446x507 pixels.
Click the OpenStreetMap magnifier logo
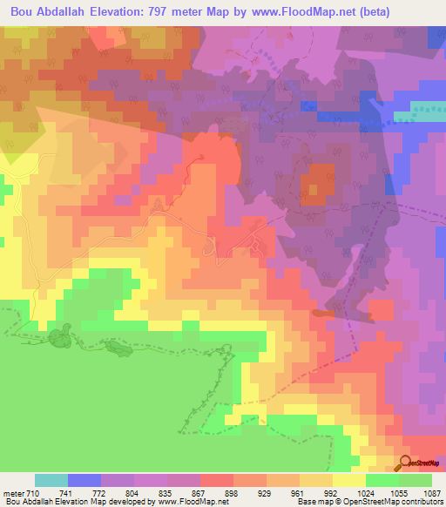(405, 463)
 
